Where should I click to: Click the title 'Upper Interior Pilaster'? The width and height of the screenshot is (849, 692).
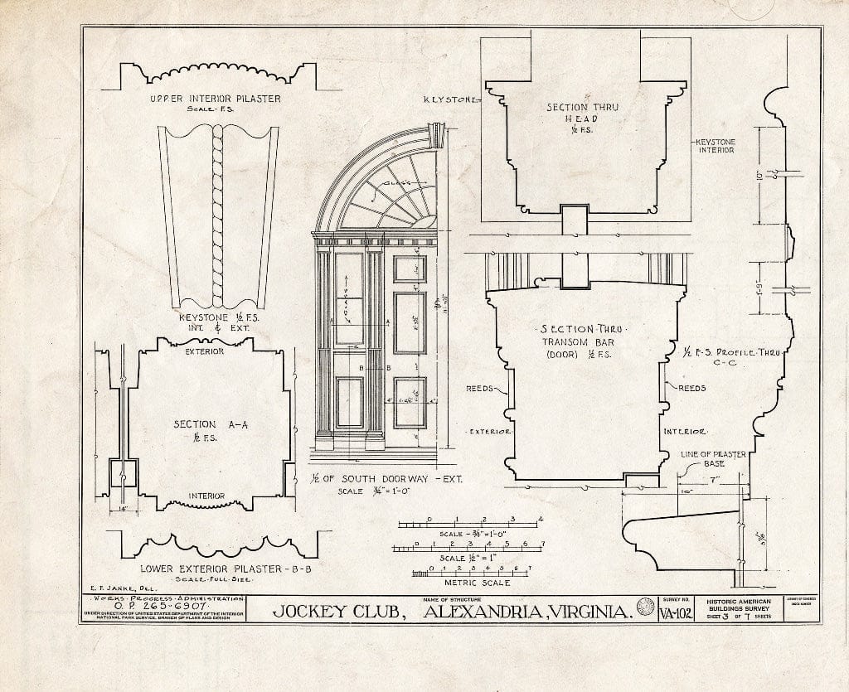[x=215, y=99]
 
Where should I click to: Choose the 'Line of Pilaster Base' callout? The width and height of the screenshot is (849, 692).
[x=712, y=458]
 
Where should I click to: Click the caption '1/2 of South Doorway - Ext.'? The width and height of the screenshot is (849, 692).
[x=375, y=478]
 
